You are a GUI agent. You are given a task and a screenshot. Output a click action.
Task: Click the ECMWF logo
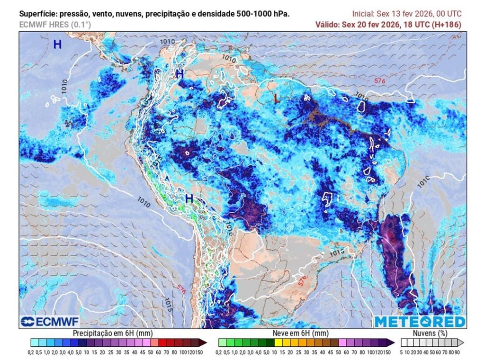pos(45,322)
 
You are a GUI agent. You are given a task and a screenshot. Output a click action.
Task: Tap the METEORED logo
pos(420,322)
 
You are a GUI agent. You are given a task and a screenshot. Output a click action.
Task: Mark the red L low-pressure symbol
pos(276,99)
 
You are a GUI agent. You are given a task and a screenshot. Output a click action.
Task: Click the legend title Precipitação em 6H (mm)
pos(111,333)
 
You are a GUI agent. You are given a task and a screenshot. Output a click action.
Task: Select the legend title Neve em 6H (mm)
pos(301,333)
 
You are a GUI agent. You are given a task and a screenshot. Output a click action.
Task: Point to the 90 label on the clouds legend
pos(457,352)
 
